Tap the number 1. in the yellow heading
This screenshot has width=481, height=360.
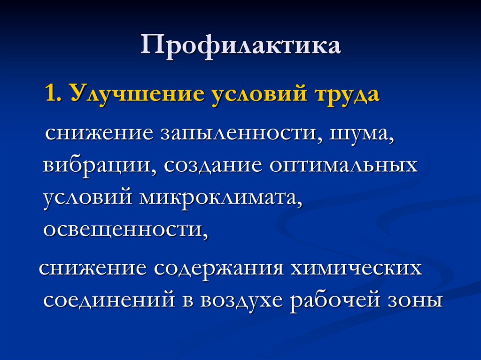54,93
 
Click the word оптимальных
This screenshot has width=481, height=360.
343,167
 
